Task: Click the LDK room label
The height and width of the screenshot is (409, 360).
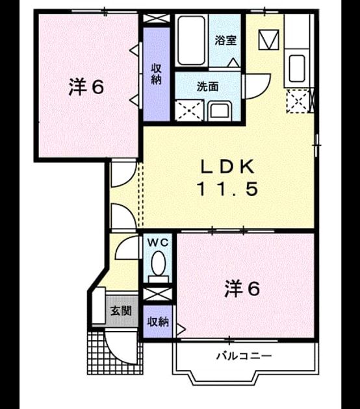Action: tap(227, 167)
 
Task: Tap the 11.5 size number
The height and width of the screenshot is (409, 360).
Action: tap(228, 189)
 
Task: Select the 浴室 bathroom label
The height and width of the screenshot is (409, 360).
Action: tap(225, 40)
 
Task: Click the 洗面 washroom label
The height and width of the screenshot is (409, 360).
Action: tap(207, 86)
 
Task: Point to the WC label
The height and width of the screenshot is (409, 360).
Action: tap(158, 243)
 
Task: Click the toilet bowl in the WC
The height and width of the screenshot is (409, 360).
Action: tap(158, 263)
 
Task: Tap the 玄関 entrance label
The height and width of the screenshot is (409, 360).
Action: tap(121, 311)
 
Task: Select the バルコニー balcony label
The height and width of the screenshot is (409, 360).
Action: tap(244, 356)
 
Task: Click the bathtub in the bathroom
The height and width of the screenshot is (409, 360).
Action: tap(191, 40)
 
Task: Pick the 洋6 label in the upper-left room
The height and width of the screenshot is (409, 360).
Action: tap(86, 88)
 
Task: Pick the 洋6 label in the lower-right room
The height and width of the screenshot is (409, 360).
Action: tap(242, 289)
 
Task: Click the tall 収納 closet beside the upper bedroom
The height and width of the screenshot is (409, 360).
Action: tap(157, 74)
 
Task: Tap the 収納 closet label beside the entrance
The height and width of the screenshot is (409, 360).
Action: tap(158, 322)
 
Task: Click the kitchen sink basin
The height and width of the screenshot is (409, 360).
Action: tap(297, 68)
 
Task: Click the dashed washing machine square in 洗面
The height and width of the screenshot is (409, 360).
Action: tap(189, 110)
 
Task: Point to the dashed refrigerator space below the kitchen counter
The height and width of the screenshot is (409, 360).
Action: tap(298, 101)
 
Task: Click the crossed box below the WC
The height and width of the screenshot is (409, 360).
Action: tap(157, 294)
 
